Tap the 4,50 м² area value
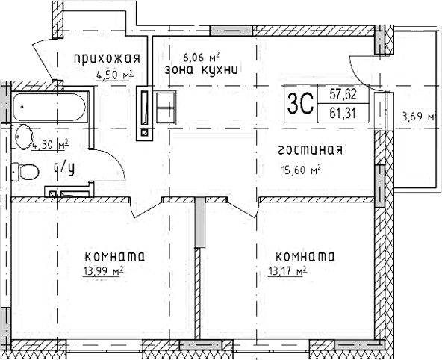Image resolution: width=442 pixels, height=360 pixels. [x=114, y=74]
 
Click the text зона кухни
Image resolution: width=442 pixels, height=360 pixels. [x=202, y=71]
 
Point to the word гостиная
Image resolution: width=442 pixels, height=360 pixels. [x=310, y=150]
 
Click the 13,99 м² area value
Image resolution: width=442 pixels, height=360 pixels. [x=103, y=272]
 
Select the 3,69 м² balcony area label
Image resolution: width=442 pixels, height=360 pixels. [x=418, y=116]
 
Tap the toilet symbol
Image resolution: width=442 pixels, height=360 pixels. [x=28, y=172]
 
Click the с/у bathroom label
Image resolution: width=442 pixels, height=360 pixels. [x=63, y=168]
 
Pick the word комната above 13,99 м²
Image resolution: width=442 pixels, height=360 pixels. [x=114, y=256]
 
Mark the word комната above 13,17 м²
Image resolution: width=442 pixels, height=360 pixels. [x=304, y=256]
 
